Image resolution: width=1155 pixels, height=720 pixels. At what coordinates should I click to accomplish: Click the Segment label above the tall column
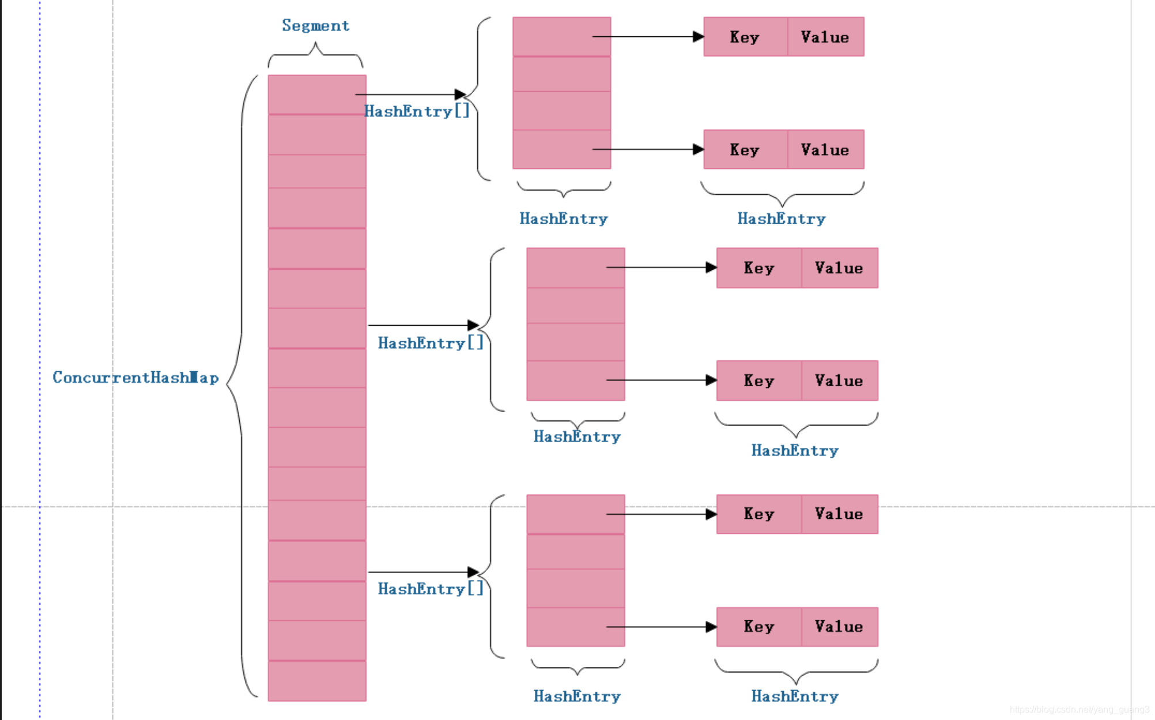315,26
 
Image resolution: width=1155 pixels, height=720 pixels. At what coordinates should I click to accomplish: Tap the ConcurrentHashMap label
135,378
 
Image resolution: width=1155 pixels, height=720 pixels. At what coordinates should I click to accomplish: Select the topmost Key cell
745,37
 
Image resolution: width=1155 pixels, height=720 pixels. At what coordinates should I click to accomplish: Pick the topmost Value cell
825,37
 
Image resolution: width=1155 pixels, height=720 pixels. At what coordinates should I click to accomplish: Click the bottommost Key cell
758,627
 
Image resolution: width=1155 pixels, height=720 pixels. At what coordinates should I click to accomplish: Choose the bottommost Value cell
839,627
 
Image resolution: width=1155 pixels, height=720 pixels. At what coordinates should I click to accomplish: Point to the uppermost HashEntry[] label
417,111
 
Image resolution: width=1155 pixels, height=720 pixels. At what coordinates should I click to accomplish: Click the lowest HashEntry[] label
431,589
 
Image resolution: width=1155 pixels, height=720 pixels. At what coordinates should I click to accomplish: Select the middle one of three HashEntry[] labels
431,343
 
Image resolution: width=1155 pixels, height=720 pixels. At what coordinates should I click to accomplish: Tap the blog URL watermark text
1079,710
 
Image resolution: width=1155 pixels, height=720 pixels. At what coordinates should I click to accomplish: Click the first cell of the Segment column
317,95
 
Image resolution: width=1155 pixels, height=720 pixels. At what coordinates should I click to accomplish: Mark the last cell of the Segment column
317,681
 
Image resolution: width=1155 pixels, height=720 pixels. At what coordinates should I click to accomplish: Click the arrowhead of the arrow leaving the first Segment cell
461,94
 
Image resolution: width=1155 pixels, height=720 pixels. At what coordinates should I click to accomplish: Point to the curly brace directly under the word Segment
315,55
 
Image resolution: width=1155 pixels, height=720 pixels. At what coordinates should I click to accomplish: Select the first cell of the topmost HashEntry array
561,36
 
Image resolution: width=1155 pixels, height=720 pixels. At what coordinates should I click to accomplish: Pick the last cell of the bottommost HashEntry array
575,627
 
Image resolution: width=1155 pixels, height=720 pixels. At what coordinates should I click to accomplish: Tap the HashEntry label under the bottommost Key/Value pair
795,696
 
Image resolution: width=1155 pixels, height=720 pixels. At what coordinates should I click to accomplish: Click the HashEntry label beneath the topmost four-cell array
564,218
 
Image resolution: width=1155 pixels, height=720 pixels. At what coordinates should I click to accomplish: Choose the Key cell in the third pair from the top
758,268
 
